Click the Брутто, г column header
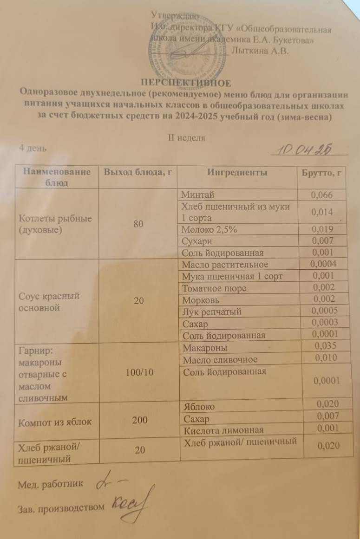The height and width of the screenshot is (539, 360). click(319, 173)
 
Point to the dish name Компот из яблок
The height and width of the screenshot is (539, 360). click(54, 422)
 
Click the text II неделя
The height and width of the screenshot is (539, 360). click(185, 137)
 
